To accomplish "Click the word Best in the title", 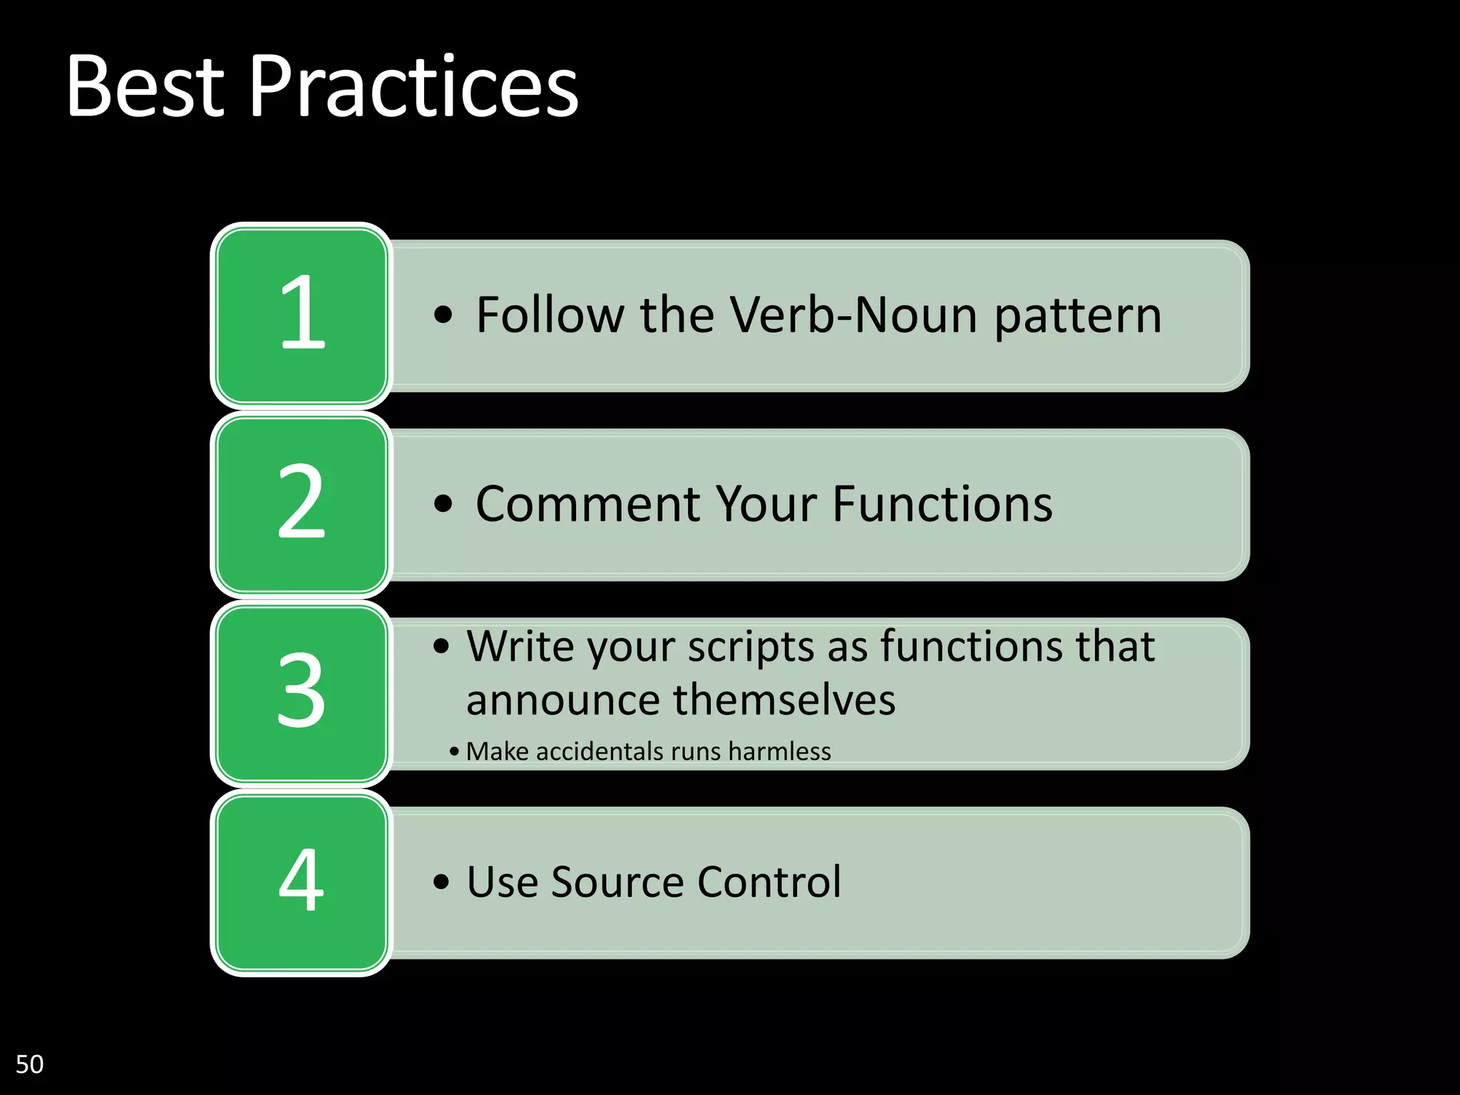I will click(x=146, y=87).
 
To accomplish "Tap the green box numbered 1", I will click(x=301, y=315).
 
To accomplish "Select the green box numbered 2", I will click(x=301, y=504).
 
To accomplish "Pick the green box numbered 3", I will click(x=301, y=693).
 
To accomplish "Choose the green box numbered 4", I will click(x=301, y=882).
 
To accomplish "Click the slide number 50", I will click(x=29, y=1064).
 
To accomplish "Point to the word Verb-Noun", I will click(x=854, y=314).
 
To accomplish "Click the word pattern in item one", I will click(x=1078, y=316).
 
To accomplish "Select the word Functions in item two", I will click(x=942, y=504).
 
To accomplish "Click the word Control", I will click(x=769, y=882).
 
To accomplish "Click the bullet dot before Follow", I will click(x=443, y=315).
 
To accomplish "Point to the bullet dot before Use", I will click(x=441, y=883).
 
